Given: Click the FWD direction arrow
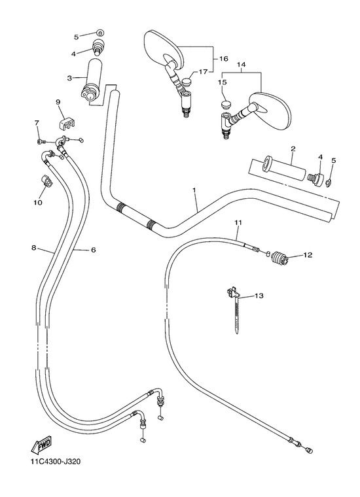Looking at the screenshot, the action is pos(41,445).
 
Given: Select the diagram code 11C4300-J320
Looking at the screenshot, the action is pos(56,461).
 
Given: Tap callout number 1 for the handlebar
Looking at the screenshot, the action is pos(194,190).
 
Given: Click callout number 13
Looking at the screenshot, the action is pos(259,296).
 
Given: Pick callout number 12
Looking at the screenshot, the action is pos(308,255).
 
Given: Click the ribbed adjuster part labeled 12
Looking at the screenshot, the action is pos(279,258).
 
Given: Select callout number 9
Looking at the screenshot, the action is pos(58,102).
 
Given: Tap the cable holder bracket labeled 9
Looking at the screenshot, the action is pos(68,124).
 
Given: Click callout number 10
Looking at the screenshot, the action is pos(38,202).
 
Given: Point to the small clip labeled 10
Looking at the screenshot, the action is pos(46,180).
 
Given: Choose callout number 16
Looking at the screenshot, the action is pos(224,59).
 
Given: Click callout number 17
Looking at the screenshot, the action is pos(203,72).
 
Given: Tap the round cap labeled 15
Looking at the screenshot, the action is pos(226,104).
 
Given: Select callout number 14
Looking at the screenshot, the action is pos(241,65).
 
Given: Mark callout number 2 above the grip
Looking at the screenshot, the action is pos(293,148).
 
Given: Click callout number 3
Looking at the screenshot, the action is pos(69,78).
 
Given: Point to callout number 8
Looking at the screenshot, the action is pos(33,248).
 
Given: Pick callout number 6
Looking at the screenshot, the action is pos(93,250).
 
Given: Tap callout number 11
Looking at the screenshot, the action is pos(238,223).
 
